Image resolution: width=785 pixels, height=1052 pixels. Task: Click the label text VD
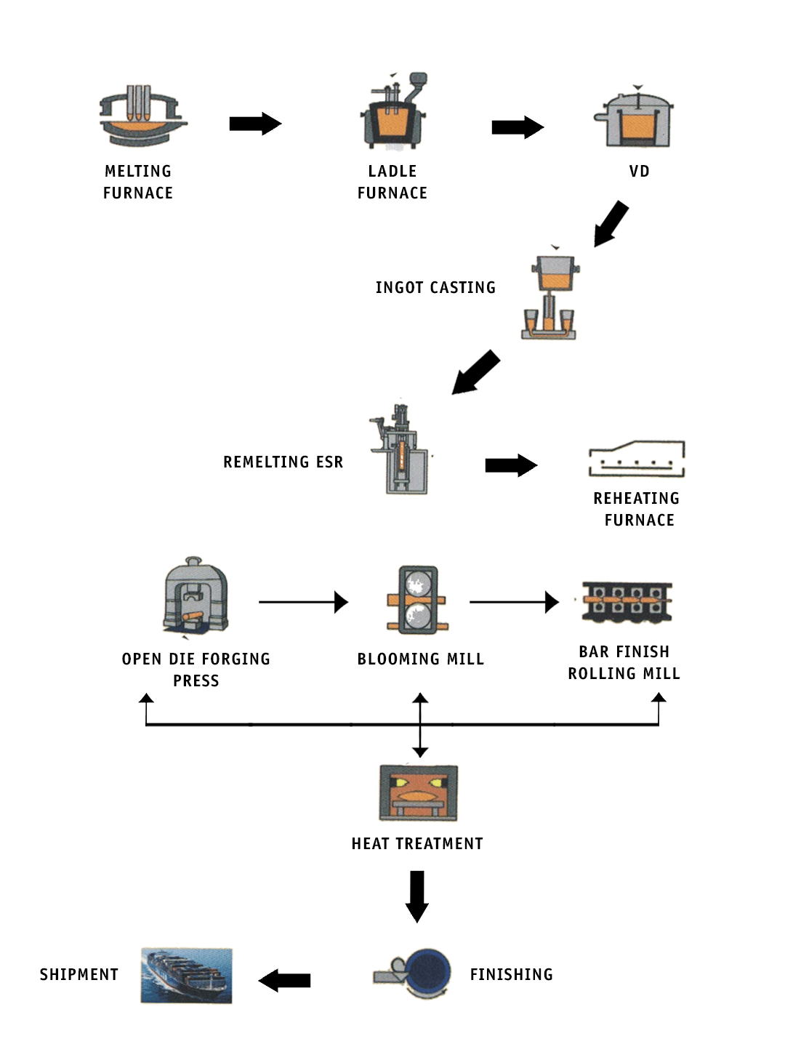pyautogui.click(x=639, y=172)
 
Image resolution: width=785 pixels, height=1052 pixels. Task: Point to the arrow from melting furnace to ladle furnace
pyautogui.click(x=255, y=124)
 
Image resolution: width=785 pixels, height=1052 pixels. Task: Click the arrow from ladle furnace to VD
pyautogui.click(x=518, y=127)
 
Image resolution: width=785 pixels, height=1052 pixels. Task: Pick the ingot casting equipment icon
pyautogui.click(x=551, y=296)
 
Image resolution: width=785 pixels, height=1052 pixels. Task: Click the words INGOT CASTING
pyautogui.click(x=435, y=288)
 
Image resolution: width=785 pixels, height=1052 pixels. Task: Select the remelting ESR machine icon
pyautogui.click(x=400, y=450)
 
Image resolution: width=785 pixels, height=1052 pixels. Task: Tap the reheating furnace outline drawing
pyautogui.click(x=637, y=459)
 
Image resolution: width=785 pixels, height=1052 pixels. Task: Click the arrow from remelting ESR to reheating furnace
pyautogui.click(x=511, y=465)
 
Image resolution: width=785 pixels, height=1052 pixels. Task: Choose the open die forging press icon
pyautogui.click(x=196, y=597)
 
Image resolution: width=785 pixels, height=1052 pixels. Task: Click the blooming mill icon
pyautogui.click(x=418, y=600)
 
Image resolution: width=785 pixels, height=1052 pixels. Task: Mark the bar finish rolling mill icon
pyautogui.click(x=627, y=602)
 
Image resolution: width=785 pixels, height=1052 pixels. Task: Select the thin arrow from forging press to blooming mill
pyautogui.click(x=303, y=602)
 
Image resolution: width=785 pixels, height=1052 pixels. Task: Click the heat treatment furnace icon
pyautogui.click(x=418, y=792)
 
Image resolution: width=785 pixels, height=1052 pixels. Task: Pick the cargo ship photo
pyautogui.click(x=187, y=976)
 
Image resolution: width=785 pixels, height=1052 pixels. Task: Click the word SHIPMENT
pyautogui.click(x=79, y=975)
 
